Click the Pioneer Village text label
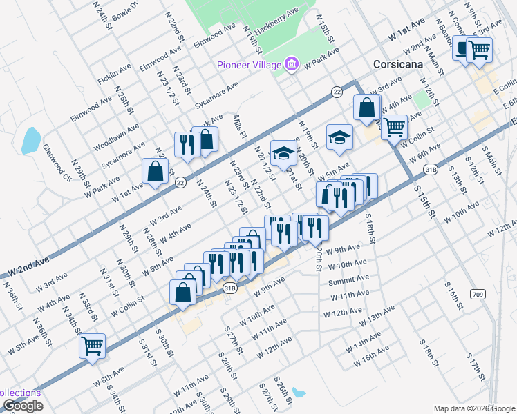249,65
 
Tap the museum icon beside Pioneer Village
292,65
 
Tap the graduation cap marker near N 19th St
339,137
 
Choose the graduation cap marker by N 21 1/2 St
282,153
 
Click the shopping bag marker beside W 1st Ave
156,172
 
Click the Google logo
22,406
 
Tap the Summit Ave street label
349,279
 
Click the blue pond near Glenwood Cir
30,141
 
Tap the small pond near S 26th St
298,393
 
